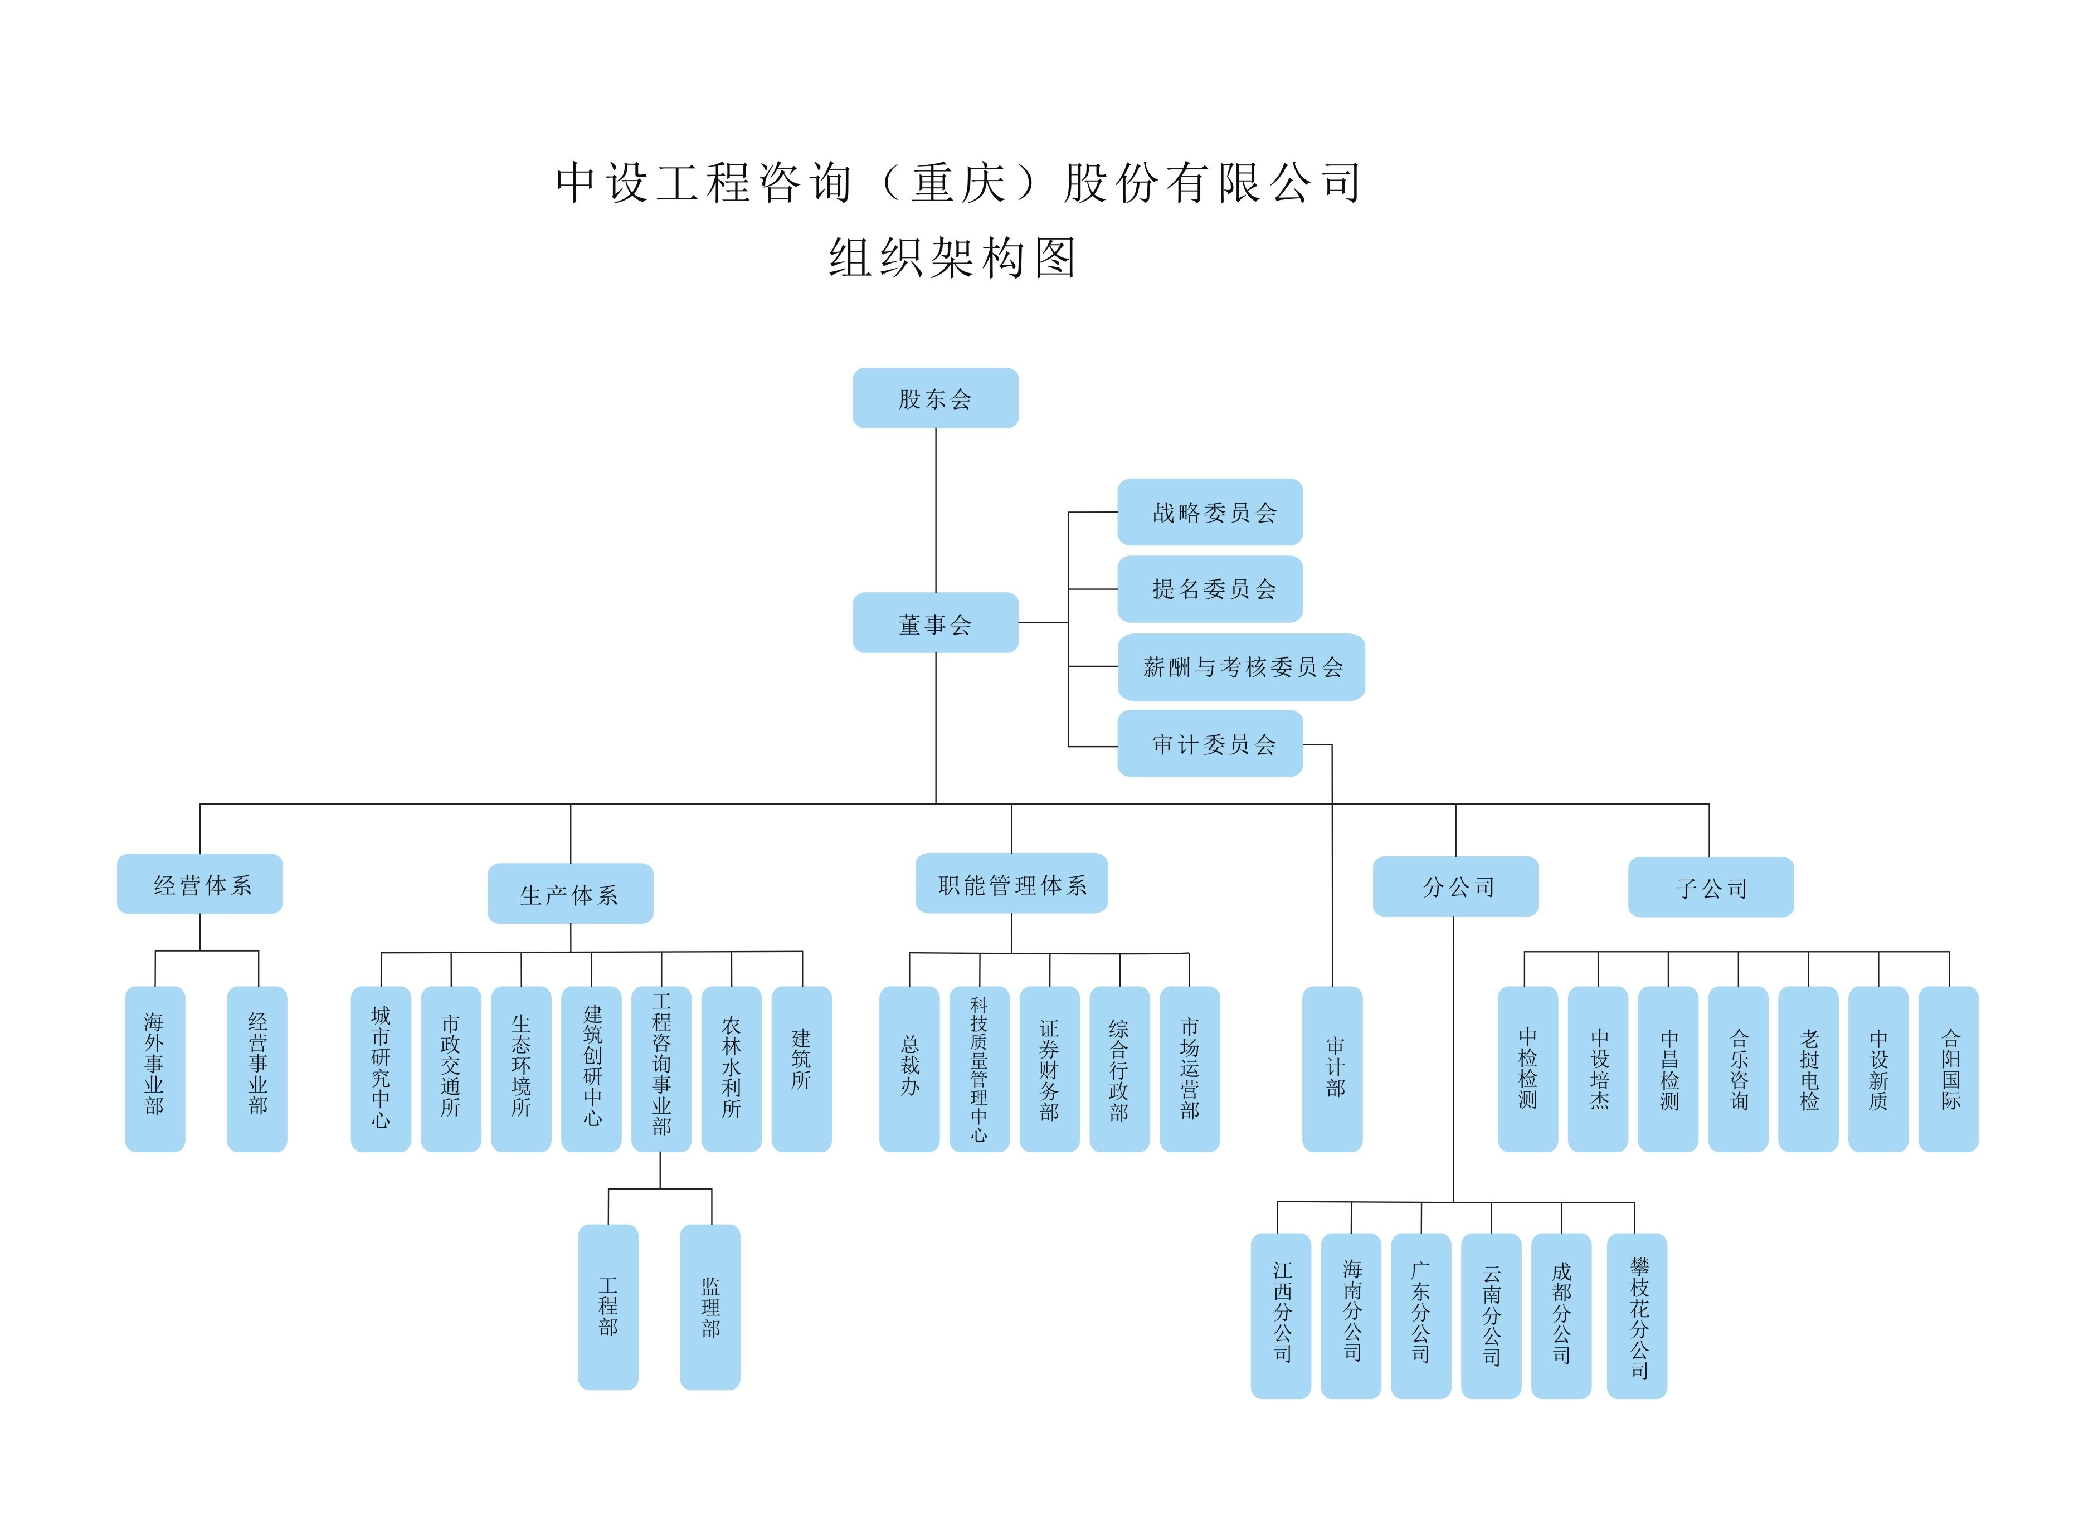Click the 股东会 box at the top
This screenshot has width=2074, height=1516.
click(935, 398)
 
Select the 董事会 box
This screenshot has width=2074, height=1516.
click(935, 623)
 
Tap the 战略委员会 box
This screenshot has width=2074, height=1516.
click(1210, 512)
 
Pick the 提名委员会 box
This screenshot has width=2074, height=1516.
click(1210, 589)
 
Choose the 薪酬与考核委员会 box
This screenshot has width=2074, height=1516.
click(1241, 667)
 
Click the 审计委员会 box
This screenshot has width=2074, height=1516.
click(1210, 744)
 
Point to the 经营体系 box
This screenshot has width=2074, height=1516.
click(200, 885)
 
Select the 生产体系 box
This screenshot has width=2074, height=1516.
click(570, 894)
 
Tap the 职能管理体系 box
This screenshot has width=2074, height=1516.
click(1011, 884)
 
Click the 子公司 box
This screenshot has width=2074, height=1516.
click(1711, 888)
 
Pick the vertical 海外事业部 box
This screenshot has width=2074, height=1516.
click(155, 1069)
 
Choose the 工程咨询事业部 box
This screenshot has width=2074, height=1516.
click(661, 1069)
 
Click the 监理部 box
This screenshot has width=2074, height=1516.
click(709, 1307)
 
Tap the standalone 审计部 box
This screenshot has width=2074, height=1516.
click(1332, 1069)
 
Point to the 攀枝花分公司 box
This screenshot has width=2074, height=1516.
click(1637, 1316)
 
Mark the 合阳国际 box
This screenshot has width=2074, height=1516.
click(1948, 1069)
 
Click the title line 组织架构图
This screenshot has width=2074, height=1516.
click(952, 258)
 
